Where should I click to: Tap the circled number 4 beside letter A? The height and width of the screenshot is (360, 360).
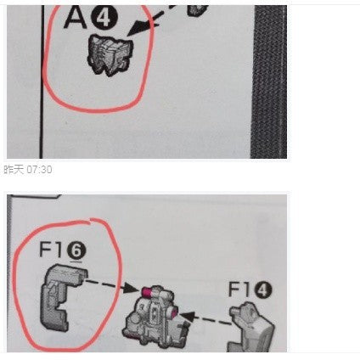[104, 18]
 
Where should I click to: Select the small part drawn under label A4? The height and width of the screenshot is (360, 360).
[110, 55]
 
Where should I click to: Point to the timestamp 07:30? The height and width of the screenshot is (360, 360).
[39, 170]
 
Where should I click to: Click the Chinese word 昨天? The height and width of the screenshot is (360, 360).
[14, 170]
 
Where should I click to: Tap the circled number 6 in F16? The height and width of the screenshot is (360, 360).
[75, 251]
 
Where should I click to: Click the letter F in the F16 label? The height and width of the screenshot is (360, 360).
[45, 250]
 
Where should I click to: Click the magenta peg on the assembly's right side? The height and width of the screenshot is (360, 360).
[174, 312]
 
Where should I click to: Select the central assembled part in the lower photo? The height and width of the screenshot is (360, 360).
[155, 316]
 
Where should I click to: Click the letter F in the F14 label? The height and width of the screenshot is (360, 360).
[234, 289]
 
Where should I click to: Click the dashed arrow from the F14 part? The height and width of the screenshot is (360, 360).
[206, 318]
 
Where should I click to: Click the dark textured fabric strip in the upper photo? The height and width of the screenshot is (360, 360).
[269, 82]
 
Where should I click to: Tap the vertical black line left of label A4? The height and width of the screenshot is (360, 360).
[42, 82]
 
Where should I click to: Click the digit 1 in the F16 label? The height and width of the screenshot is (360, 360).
[59, 250]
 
